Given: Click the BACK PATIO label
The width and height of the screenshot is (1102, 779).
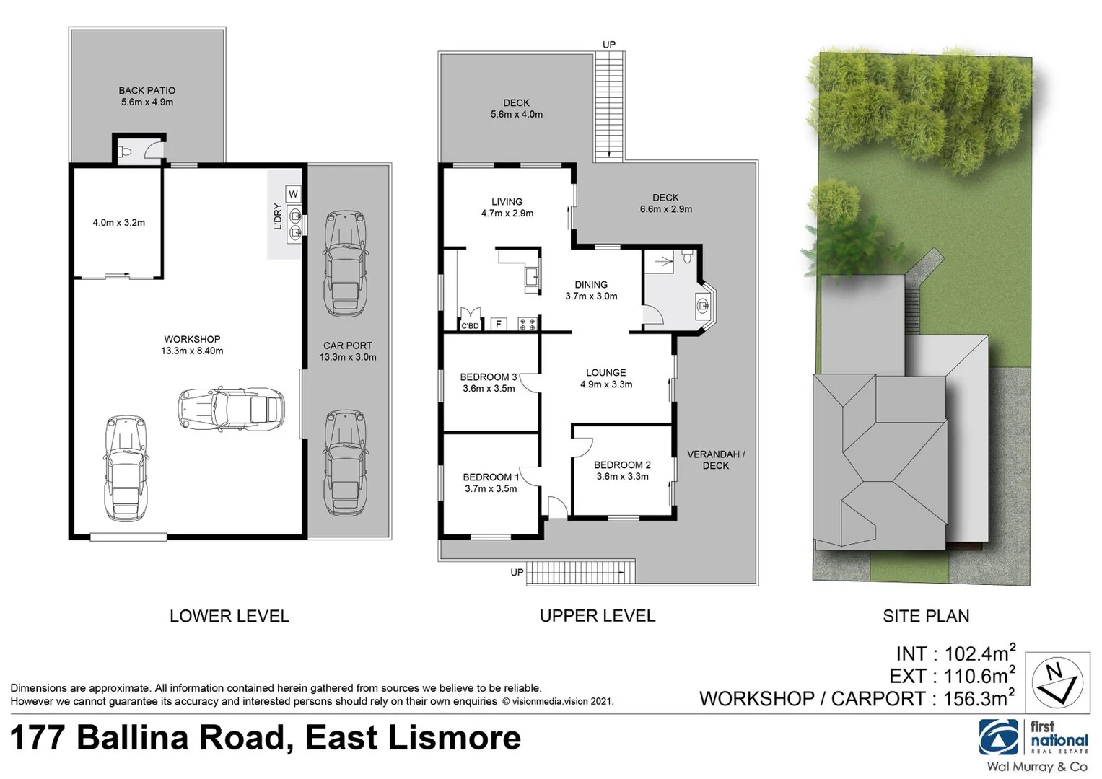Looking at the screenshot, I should coord(147,91).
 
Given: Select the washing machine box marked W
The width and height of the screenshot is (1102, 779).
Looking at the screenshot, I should coord(293,194).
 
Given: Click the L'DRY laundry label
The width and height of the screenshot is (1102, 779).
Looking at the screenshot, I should coord(277,216).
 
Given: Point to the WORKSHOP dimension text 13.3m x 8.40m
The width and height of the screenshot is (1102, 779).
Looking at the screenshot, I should coord(192,351).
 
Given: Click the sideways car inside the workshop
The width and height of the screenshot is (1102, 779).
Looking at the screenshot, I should coord(231,410).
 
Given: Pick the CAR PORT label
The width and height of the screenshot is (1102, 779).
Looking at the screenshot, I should coord(347,346).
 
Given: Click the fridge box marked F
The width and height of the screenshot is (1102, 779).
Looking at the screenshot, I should coord(498,325).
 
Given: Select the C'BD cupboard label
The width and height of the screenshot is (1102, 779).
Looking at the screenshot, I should coord(470,326).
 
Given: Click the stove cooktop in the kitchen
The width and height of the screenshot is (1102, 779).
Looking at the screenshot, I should coord(528,324).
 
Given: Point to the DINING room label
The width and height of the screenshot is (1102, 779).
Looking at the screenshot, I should coord(591,285).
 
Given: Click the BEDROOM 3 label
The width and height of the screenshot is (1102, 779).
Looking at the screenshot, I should coord(489,377).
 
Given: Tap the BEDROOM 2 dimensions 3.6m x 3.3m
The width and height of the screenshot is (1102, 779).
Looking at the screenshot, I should coord(622,477).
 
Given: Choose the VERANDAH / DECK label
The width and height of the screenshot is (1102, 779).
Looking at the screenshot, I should coord(715,459).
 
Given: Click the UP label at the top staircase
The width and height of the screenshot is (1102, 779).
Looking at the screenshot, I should coord(609,45).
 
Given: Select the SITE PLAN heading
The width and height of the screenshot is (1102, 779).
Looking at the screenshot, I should coord(926,616).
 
